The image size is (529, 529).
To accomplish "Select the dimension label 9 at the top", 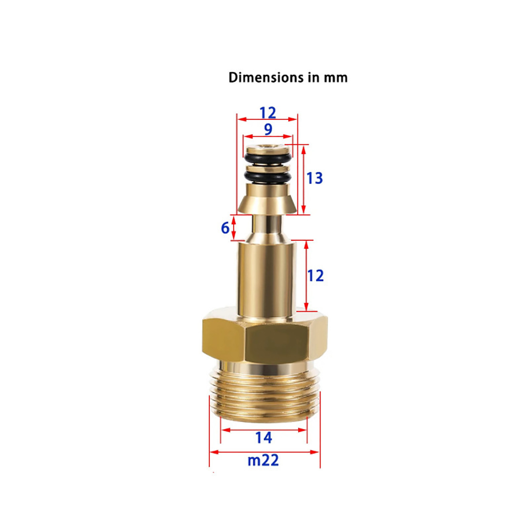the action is tap(268, 129).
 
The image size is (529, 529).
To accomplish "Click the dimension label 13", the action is tap(315, 178).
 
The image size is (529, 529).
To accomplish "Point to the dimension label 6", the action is tap(225, 228).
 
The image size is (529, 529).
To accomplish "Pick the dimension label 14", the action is tap(264, 438).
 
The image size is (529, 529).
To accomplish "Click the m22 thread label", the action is tap(263, 460).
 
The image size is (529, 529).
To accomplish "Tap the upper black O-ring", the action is tap(268, 157).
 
